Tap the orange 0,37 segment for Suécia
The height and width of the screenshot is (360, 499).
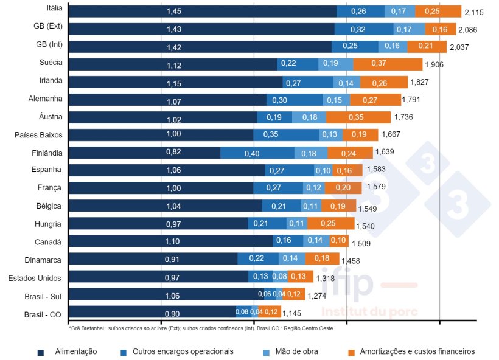click(x=388, y=64)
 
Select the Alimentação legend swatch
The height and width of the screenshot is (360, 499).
click(x=41, y=352)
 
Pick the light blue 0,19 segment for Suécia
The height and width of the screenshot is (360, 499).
click(x=331, y=64)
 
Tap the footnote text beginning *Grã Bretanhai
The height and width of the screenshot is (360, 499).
click(x=201, y=328)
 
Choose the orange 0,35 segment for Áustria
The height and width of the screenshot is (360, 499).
click(x=358, y=117)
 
